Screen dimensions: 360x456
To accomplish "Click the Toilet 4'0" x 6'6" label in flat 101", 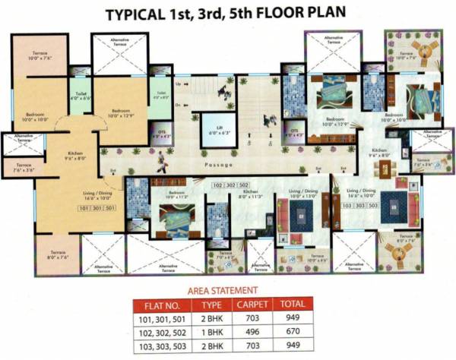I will coord(79,96).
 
